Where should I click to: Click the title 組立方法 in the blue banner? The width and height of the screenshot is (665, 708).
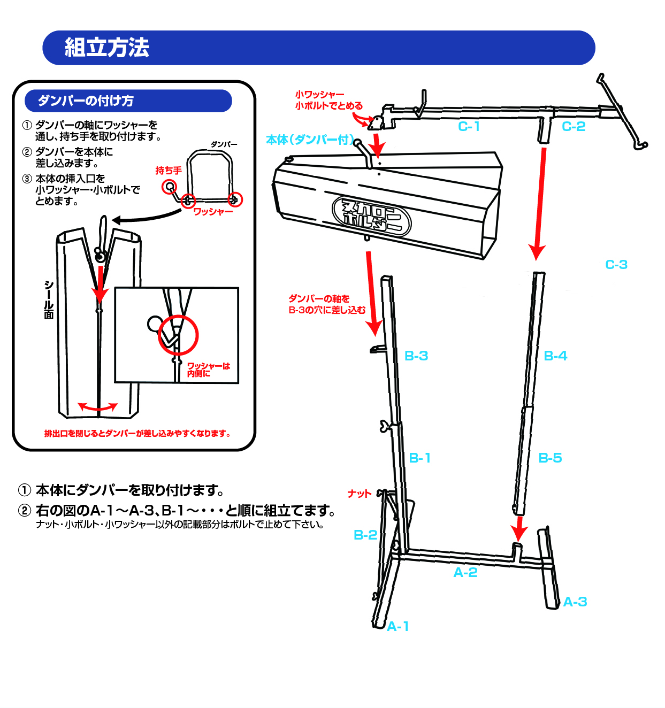pyautogui.click(x=107, y=48)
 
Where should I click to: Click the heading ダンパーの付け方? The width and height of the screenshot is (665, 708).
pyautogui.click(x=86, y=101)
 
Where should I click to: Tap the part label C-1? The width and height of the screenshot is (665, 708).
pyautogui.click(x=469, y=126)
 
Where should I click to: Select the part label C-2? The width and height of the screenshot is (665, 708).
pyautogui.click(x=574, y=126)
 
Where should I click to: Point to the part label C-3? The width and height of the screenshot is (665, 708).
pyautogui.click(x=616, y=264)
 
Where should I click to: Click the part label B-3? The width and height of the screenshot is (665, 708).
pyautogui.click(x=416, y=356)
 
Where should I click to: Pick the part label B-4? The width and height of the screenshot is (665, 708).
pyautogui.click(x=555, y=356)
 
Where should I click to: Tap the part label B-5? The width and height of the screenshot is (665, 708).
pyautogui.click(x=550, y=458)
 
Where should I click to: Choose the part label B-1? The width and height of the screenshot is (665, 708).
pyautogui.click(x=419, y=458)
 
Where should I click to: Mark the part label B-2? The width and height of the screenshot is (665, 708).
pyautogui.click(x=365, y=535)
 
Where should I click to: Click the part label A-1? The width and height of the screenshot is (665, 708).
pyautogui.click(x=398, y=626)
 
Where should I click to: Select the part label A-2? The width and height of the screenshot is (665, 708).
pyautogui.click(x=465, y=572)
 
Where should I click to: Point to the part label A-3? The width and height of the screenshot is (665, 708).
pyautogui.click(x=575, y=602)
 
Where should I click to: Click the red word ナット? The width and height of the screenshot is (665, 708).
pyautogui.click(x=359, y=494)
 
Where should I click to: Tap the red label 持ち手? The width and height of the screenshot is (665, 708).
pyautogui.click(x=169, y=171)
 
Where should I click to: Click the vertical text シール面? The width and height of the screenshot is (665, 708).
pyautogui.click(x=49, y=299)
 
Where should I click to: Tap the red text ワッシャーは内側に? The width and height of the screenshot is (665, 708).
pyautogui.click(x=208, y=370)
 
